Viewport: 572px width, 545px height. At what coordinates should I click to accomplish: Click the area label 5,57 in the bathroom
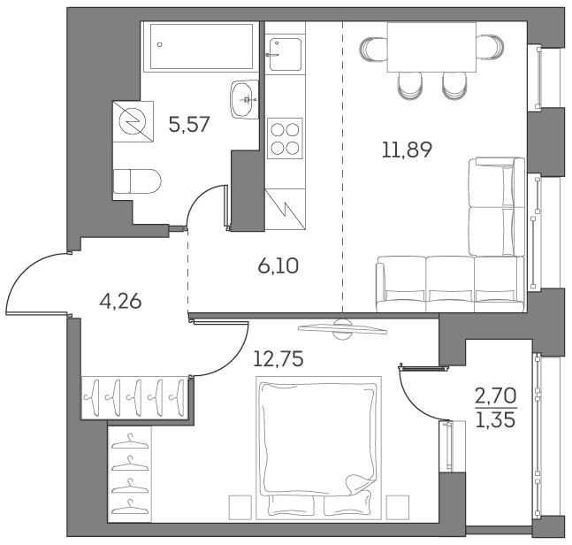click(x=188, y=125)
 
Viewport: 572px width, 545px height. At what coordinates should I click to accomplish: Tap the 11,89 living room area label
click(x=407, y=150)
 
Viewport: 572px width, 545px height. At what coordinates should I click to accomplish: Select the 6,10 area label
click(x=278, y=265)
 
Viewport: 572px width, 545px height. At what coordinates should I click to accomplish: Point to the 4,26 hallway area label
click(x=120, y=301)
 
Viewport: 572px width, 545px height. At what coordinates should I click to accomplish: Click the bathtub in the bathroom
click(x=202, y=46)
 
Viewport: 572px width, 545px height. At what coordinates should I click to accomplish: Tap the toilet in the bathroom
click(x=137, y=181)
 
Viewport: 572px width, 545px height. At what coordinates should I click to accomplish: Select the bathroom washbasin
click(x=243, y=98)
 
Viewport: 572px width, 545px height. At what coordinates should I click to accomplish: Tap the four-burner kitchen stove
click(x=285, y=138)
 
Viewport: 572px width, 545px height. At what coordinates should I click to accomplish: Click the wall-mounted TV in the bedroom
click(x=342, y=328)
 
